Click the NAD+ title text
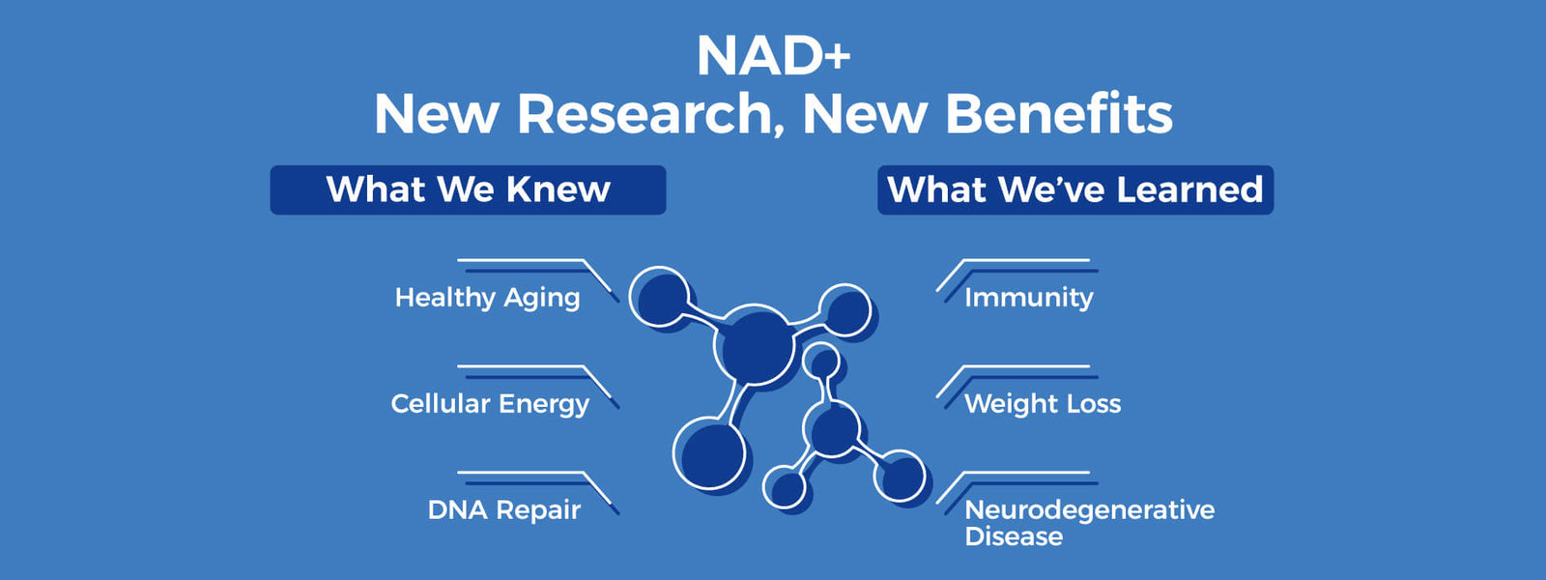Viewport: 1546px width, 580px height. [x=773, y=56]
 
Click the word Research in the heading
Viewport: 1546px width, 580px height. [x=644, y=114]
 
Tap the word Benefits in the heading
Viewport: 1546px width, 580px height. [x=1059, y=114]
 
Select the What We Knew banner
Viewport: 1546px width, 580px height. [x=468, y=189]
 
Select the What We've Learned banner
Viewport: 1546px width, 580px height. [x=1074, y=189]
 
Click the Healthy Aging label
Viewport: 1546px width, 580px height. [x=487, y=298]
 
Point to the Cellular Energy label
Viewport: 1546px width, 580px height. [x=489, y=404]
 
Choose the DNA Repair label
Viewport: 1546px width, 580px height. [x=503, y=510]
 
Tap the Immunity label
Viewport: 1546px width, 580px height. [x=1028, y=298]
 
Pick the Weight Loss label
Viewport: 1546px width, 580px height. [x=1042, y=404]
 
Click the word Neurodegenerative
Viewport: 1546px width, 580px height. [x=1089, y=509]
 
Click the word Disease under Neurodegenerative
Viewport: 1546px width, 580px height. [x=1013, y=536]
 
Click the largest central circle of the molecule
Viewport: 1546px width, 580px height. [x=755, y=345]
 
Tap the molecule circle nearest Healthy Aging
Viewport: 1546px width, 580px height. [x=661, y=296]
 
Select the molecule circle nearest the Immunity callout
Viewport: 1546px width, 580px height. [x=845, y=310]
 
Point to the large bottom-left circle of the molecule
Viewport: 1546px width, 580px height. [x=710, y=453]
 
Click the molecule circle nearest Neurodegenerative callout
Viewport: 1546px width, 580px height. [x=901, y=475]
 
